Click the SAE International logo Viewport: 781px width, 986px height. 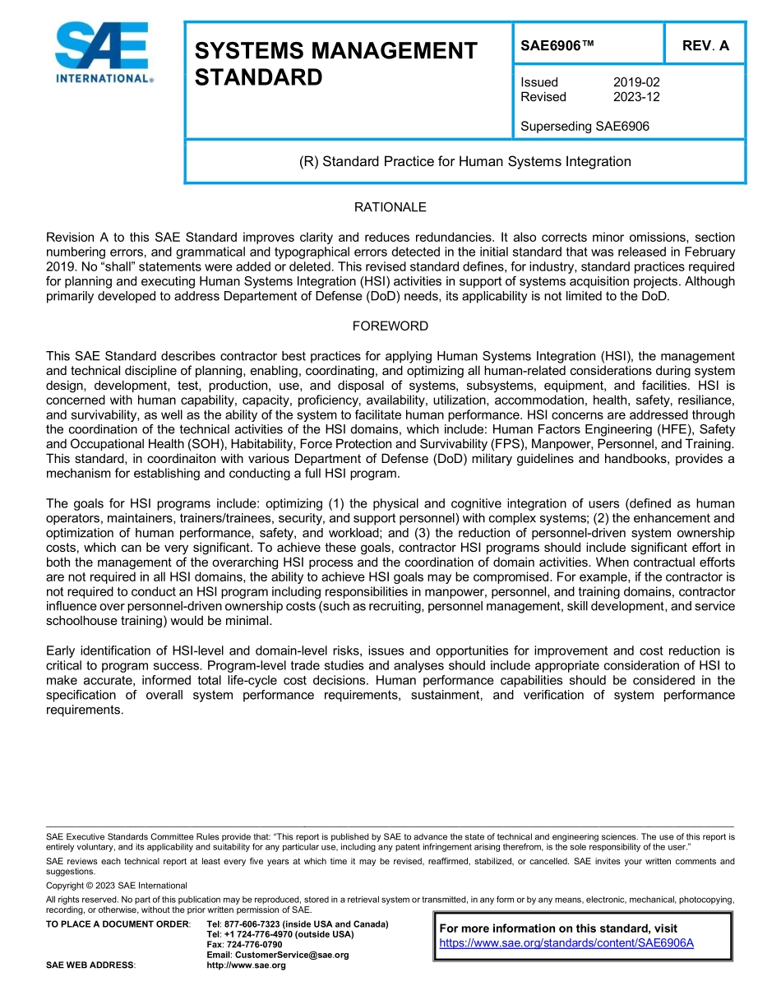tap(103, 53)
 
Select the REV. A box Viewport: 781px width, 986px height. tap(705, 46)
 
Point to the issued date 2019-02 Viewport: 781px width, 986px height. tap(636, 82)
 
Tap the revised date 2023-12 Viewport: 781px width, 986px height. tap(636, 97)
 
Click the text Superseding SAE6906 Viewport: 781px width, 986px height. tap(585, 127)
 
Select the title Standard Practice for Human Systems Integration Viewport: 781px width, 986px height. tap(464, 161)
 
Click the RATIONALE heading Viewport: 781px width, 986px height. tap(390, 207)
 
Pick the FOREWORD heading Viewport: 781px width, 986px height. tap(390, 326)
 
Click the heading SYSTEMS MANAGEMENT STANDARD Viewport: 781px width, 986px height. tap(335, 64)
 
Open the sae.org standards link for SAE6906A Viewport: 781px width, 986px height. tap(566, 943)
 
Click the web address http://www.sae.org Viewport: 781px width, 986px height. tap(246, 965)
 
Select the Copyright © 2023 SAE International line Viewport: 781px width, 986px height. tap(117, 886)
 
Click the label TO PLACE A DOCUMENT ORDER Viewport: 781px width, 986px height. tap(118, 924)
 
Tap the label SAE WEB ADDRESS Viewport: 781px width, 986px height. tap(90, 965)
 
